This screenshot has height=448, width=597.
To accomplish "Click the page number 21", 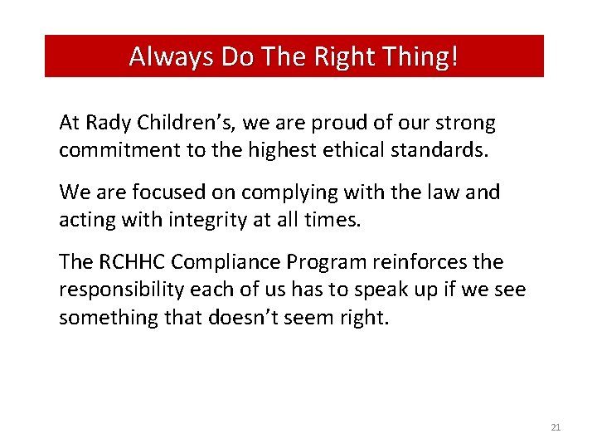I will (556, 427).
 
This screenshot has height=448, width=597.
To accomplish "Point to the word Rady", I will (105, 124).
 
